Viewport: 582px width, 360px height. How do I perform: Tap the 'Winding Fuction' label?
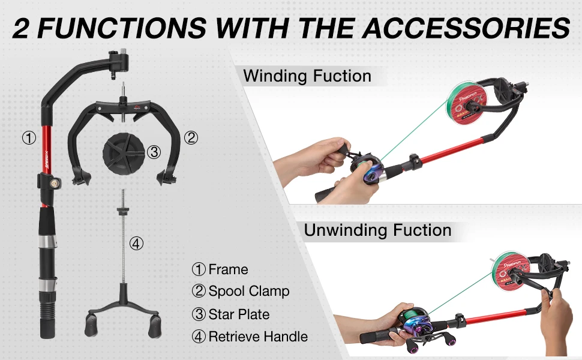pos(307,76)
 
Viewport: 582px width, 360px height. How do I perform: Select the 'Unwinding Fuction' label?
pos(377,230)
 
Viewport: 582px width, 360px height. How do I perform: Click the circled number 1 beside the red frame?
pos(29,137)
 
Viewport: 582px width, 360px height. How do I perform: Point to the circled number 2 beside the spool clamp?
pos(190,137)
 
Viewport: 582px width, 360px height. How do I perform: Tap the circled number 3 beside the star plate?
pos(154,152)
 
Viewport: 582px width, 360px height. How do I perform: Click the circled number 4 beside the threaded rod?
pos(137,243)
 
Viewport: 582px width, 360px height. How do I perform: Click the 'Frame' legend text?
pos(228,269)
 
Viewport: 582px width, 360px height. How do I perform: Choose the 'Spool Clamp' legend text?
pos(249,292)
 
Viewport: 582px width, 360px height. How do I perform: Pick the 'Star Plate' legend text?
pos(239,314)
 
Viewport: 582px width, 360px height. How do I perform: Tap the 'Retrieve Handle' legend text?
pos(258,337)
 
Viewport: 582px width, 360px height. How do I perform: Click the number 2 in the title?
pos(22,28)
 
